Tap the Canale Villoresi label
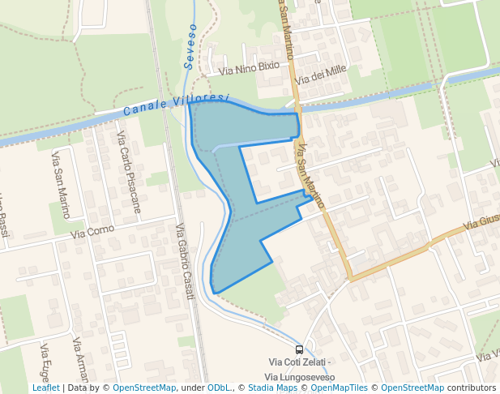pos(177,103)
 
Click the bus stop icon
pos(299,350)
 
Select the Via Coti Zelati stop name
pos(299,363)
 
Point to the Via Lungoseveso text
pos(299,378)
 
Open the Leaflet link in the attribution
pos(45,388)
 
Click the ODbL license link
pos(218,388)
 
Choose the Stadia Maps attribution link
pos(271,388)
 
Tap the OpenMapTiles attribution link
pos(335,388)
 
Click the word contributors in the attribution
pos(472,388)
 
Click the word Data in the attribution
pos(78,388)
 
